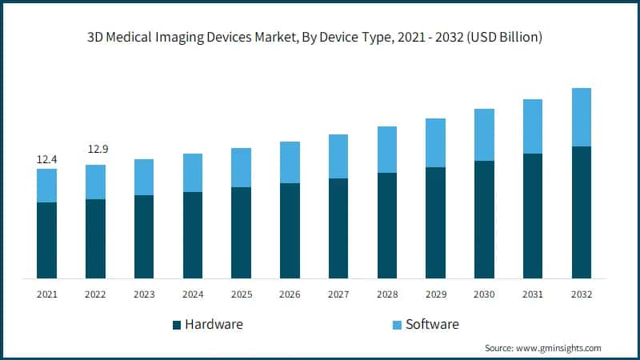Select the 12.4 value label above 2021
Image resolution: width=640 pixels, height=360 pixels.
47,160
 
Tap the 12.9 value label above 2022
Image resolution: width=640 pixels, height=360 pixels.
95,149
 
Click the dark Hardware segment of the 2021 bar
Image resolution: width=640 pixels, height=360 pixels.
47,240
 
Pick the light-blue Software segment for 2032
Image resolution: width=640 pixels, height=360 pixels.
581,117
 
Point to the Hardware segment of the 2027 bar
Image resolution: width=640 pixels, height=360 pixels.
338,228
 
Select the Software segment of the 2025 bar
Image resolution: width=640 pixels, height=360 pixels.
241,167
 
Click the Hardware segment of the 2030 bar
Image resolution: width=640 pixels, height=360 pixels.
484,219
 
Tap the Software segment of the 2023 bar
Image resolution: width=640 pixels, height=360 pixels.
144,177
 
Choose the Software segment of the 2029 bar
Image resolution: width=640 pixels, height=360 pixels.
435,142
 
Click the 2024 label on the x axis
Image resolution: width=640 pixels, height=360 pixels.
193,294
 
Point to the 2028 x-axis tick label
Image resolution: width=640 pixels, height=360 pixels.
387,294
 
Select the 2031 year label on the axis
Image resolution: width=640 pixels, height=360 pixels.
533,294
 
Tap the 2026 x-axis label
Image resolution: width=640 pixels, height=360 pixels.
290,294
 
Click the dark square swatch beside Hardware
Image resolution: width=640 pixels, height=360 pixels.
176,325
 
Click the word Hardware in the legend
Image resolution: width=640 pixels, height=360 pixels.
214,324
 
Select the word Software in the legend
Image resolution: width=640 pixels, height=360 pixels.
433,324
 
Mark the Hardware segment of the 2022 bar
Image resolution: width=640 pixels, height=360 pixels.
95,238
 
